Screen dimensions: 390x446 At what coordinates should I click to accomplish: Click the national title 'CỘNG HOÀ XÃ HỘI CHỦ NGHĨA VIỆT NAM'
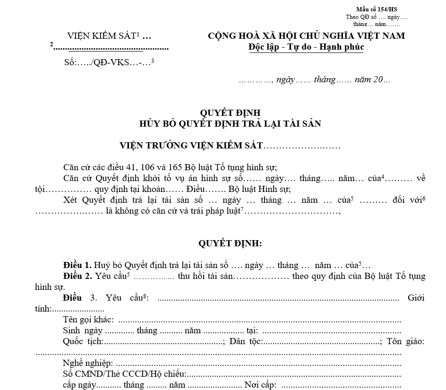tap(306, 36)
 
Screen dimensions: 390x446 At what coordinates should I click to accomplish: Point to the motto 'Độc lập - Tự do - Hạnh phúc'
tap(306, 47)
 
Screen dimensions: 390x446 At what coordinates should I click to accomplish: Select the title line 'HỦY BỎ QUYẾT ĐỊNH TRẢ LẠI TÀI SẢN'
tap(230, 124)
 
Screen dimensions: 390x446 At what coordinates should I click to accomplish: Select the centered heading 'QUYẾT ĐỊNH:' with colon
tap(230, 243)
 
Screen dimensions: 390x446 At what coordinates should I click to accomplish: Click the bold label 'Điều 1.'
tap(77, 265)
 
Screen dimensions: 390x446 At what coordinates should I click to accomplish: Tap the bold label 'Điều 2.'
tap(77, 276)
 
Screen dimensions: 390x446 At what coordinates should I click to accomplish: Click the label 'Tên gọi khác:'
tap(88, 320)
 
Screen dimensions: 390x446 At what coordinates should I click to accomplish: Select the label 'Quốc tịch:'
tap(83, 341)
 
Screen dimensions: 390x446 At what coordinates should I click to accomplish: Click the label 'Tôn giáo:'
tap(405, 341)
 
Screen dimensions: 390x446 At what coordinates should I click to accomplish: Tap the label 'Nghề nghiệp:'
tap(88, 364)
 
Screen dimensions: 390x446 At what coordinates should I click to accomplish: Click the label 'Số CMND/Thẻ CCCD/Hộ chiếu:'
tap(125, 374)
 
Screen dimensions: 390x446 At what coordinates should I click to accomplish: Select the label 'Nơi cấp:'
tap(260, 385)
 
